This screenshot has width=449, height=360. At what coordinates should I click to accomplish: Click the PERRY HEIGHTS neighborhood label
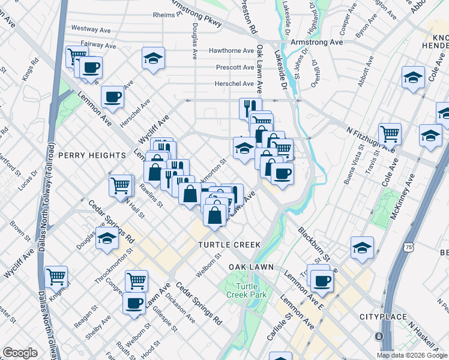92,155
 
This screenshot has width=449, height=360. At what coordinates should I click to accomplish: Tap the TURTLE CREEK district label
230,245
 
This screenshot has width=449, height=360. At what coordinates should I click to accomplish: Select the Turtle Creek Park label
243,290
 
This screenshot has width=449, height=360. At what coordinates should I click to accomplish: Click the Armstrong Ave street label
316,42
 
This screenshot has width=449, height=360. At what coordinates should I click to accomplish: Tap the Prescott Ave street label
235,67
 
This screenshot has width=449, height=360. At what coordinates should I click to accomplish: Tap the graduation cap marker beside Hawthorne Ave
154,59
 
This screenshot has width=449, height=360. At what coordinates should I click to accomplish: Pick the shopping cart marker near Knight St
56,277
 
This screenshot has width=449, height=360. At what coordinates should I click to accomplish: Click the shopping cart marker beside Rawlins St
120,185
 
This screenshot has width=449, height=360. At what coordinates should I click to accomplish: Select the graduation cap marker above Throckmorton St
106,239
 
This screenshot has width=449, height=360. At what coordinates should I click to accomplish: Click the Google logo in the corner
20,353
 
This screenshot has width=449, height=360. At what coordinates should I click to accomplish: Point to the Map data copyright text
412,355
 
